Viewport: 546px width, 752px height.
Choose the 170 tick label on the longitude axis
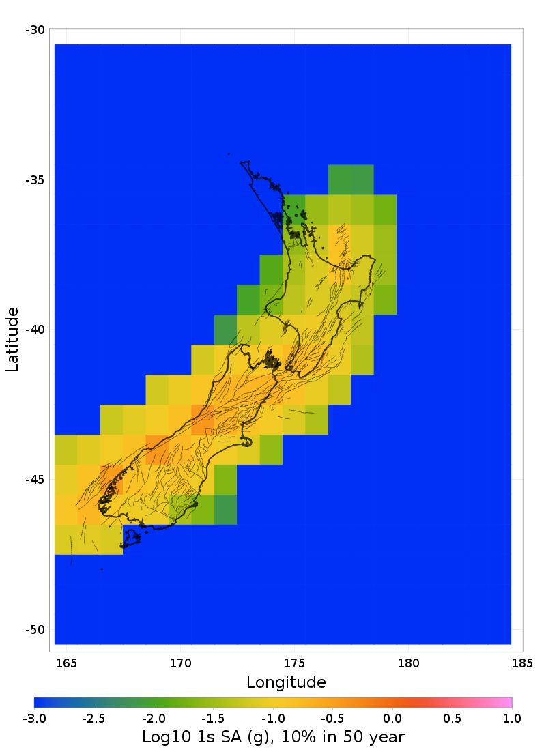tap(180, 663)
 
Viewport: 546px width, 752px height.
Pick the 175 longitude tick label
tap(294, 663)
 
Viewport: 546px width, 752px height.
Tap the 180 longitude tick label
tap(408, 663)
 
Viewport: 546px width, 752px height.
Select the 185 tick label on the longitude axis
tap(522, 663)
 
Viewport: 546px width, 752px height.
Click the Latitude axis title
tap(12, 339)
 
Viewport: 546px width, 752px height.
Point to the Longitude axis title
tap(286, 682)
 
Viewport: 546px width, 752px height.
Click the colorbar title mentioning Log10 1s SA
tap(273, 737)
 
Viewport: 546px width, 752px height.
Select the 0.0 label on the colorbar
tap(392, 718)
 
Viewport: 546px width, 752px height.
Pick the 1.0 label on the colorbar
tap(512, 718)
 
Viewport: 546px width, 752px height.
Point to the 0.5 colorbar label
tap(452, 718)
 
